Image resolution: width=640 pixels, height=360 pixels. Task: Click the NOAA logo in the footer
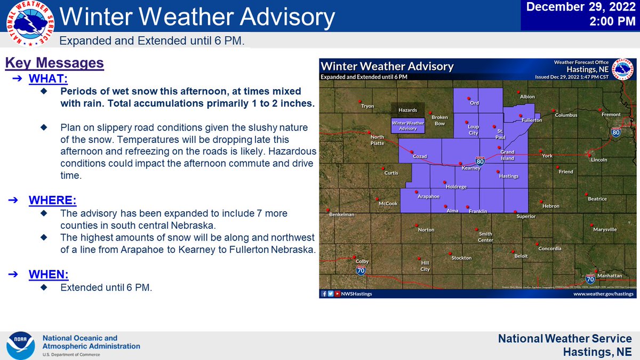[21, 345]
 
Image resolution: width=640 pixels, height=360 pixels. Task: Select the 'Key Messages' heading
[54, 63]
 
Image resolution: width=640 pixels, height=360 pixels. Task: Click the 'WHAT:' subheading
[48, 79]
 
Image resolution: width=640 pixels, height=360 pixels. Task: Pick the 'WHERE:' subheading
[52, 201]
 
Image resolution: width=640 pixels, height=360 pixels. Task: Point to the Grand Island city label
[507, 155]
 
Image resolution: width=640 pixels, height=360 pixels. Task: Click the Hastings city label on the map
[508, 176]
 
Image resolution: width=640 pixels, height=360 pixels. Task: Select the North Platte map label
[377, 140]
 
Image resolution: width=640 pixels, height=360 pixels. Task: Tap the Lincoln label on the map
[599, 160]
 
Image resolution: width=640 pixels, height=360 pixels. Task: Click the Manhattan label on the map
[609, 276]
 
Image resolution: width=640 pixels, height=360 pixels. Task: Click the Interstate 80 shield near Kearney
[479, 160]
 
